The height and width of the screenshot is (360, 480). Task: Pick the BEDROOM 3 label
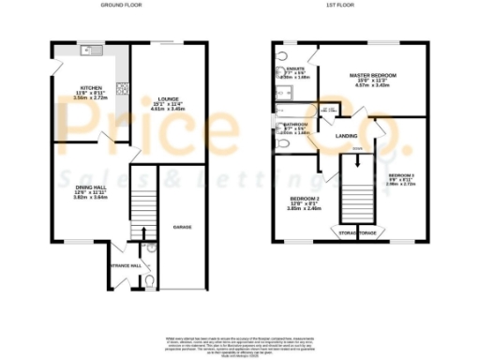(x=401, y=175)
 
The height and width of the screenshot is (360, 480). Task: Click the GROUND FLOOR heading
(x=119, y=6)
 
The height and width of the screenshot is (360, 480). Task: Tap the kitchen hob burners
(x=120, y=91)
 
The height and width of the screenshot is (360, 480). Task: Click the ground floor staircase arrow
(x=142, y=232)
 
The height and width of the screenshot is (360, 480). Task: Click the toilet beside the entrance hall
(x=149, y=278)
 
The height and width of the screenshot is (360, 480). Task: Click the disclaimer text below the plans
(x=240, y=344)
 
